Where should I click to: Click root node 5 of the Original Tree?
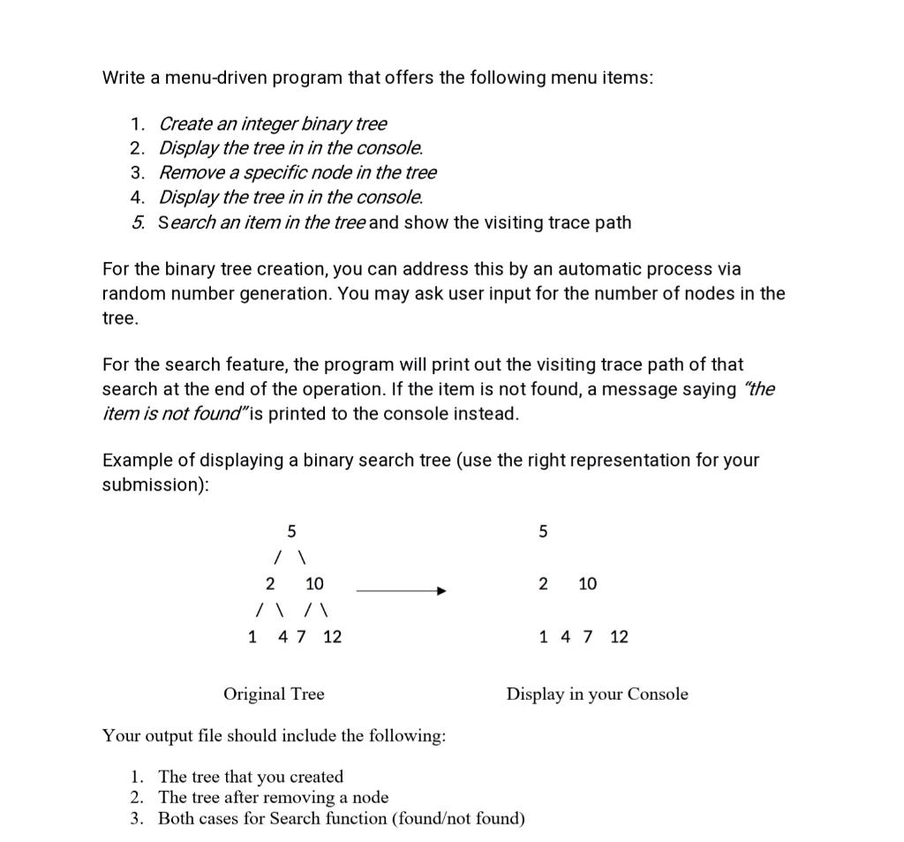pyautogui.click(x=291, y=530)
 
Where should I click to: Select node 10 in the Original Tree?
pyautogui.click(x=314, y=583)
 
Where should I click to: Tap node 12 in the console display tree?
pyautogui.click(x=619, y=636)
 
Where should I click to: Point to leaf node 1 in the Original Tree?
pyautogui.click(x=253, y=636)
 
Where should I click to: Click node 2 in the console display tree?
pyautogui.click(x=543, y=583)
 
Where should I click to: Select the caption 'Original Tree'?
pyautogui.click(x=274, y=694)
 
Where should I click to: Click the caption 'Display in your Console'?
pyautogui.click(x=597, y=694)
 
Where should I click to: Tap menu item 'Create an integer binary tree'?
pyautogui.click(x=272, y=124)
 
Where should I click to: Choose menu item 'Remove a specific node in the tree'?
pyautogui.click(x=298, y=173)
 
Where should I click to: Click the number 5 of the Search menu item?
pyautogui.click(x=138, y=222)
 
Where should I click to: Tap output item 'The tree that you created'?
pyautogui.click(x=251, y=777)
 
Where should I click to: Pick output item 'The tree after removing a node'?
pyautogui.click(x=273, y=797)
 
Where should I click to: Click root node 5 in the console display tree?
pyautogui.click(x=543, y=530)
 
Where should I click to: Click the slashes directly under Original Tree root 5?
pyautogui.click(x=290, y=558)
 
